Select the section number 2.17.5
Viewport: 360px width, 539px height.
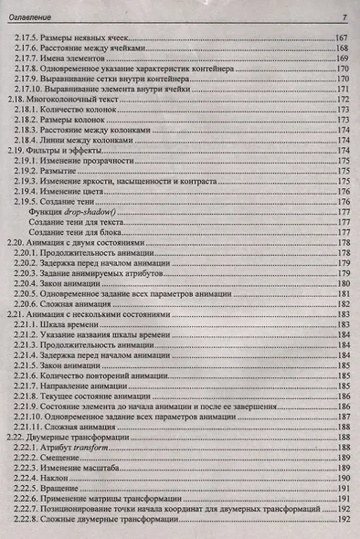(x=29, y=37)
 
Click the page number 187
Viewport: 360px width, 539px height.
(x=344, y=417)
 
